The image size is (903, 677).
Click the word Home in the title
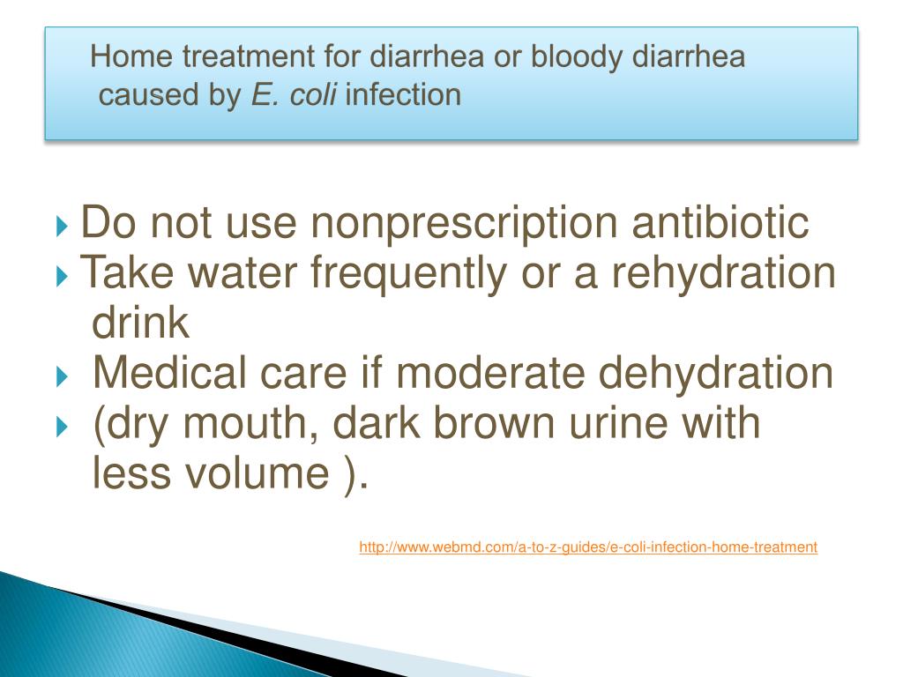pyautogui.click(x=131, y=56)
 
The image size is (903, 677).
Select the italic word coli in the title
pyautogui.click(x=313, y=94)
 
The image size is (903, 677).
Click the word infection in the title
pyautogui.click(x=403, y=94)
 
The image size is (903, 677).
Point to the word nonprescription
pyautogui.click(x=464, y=224)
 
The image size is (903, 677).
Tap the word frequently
pyautogui.click(x=409, y=274)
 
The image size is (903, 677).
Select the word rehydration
pyautogui.click(x=723, y=272)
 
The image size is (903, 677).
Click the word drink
pyautogui.click(x=140, y=322)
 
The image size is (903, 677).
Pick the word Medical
pyautogui.click(x=170, y=372)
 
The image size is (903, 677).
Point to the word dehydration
pyautogui.click(x=716, y=373)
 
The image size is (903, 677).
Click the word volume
pyautogui.click(x=257, y=472)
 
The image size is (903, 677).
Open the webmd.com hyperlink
pyautogui.click(x=588, y=547)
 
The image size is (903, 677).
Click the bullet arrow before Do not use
pyautogui.click(x=63, y=226)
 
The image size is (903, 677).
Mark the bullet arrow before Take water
pyautogui.click(x=63, y=276)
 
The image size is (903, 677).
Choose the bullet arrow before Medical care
pyautogui.click(x=63, y=377)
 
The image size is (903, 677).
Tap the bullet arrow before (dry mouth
pyautogui.click(x=63, y=428)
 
